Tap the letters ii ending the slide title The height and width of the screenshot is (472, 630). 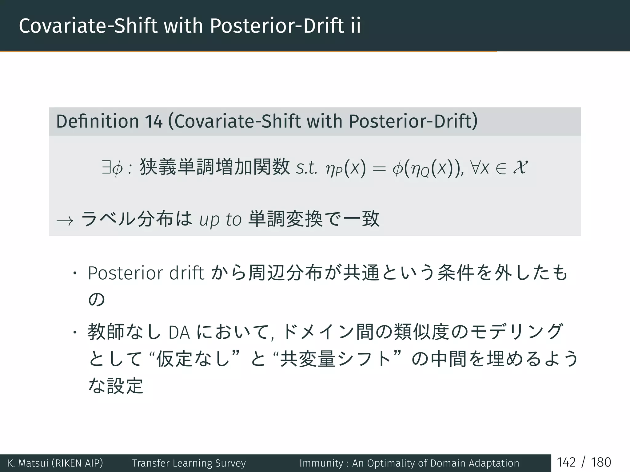click(x=355, y=26)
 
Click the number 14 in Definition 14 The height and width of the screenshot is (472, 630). click(x=154, y=121)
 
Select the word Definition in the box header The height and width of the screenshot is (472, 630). click(x=97, y=121)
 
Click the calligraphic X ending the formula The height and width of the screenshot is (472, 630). click(x=520, y=167)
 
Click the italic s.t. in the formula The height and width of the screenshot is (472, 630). click(x=306, y=168)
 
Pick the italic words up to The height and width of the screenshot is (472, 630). click(x=220, y=220)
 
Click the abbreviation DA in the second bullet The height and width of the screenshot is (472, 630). click(x=179, y=333)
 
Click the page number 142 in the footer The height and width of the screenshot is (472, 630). click(x=566, y=462)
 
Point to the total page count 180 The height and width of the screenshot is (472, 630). click(x=601, y=462)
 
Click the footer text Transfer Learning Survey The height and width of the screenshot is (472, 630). click(x=189, y=463)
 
